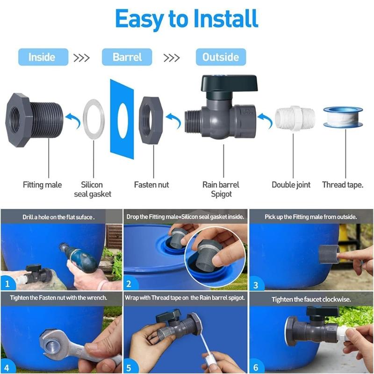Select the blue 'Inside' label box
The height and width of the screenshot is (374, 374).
pyautogui.click(x=42, y=57)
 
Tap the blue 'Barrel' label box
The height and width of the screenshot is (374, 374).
pyautogui.click(x=127, y=57)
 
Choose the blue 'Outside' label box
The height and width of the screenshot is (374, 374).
pyautogui.click(x=221, y=57)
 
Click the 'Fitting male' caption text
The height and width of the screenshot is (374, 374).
pyautogui.click(x=42, y=185)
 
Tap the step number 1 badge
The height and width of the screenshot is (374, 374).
pyautogui.click(x=7, y=283)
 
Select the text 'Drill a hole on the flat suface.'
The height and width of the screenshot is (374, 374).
pyautogui.click(x=58, y=217)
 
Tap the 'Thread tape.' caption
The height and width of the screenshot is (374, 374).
pyautogui.click(x=343, y=185)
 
